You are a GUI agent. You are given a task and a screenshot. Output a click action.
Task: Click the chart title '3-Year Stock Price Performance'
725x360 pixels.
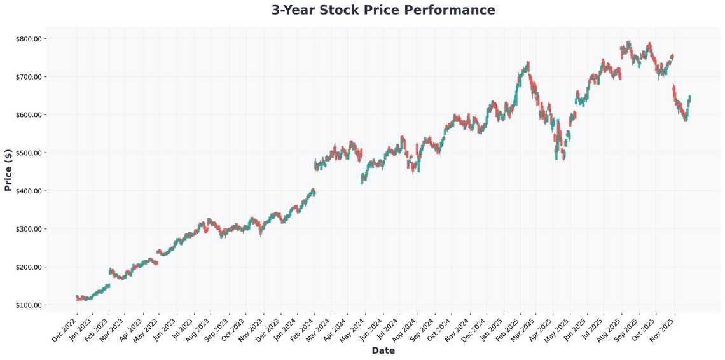pos(383,10)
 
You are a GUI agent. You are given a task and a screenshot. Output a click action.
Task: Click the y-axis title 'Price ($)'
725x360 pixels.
pos(8,170)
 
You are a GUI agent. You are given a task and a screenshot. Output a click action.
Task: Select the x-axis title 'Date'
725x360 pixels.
pos(383,350)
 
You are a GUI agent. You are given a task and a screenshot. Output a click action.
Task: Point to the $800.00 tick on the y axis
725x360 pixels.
pos(29,39)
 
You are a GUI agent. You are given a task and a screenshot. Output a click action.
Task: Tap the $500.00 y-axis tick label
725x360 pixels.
pos(29,153)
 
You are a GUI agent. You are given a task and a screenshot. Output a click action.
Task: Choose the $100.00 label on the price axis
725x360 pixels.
pos(29,305)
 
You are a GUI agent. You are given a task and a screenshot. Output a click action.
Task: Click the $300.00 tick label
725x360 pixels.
pos(29,229)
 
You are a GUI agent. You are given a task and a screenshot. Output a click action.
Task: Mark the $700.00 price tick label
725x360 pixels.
pos(29,77)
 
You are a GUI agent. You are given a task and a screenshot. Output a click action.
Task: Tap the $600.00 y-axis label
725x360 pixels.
pos(29,115)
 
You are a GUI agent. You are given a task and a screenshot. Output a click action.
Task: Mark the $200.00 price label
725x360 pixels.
pos(29,267)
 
